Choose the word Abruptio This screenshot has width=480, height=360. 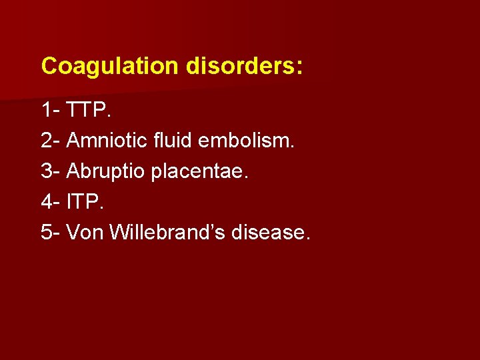tap(106, 171)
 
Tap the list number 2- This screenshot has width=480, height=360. tap(51, 141)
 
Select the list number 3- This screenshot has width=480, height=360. tap(51, 171)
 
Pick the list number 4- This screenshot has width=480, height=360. tap(51, 202)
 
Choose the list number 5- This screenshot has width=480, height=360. tap(51, 233)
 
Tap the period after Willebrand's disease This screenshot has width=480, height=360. tap(307, 238)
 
